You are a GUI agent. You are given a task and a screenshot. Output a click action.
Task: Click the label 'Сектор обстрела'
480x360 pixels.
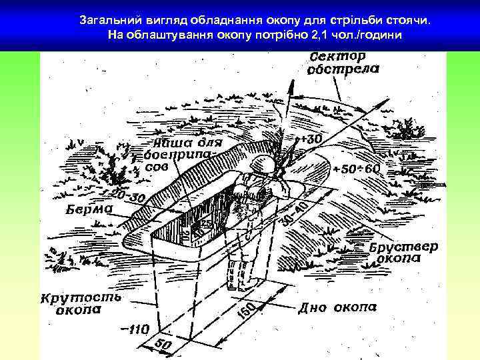[344, 62]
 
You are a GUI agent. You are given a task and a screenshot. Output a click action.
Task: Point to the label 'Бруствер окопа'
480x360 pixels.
[404, 252]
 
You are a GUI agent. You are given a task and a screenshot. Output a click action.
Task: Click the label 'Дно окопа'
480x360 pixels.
[337, 307]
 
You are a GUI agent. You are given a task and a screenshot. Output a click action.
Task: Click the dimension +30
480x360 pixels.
[311, 139]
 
